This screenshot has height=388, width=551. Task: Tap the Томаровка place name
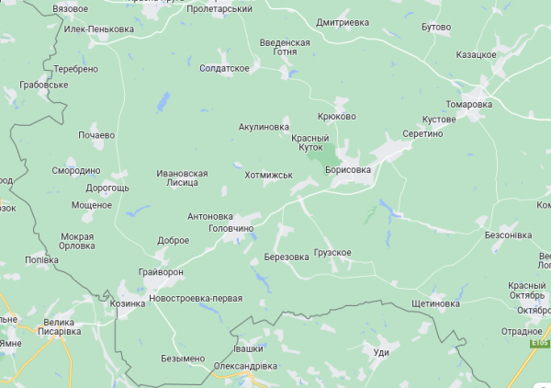coord(469,104)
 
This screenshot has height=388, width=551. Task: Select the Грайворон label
coord(162,273)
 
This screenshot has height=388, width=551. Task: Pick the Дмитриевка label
coord(342,22)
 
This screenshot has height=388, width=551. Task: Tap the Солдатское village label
coord(225,69)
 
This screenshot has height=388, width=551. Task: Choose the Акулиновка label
coord(264,127)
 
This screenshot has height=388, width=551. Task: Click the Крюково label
coord(336,116)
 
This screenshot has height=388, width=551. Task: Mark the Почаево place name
coord(96,135)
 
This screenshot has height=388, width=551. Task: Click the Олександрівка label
coord(245,366)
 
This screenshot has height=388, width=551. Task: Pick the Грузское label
coord(332,252)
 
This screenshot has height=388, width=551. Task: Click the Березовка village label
coord(286,257)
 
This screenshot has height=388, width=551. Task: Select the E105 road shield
coord(539,343)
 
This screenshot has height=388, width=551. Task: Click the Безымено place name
coord(183,358)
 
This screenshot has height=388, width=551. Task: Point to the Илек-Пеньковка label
coord(99,29)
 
